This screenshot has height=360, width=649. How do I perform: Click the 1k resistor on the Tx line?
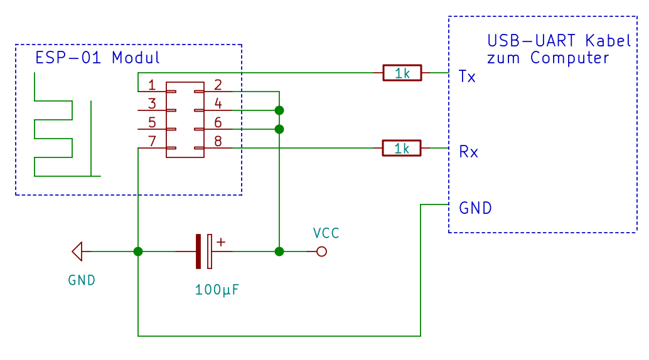(402, 73)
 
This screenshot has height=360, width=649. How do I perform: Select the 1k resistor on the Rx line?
(402, 148)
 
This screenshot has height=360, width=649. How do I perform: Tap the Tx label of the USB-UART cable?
(468, 77)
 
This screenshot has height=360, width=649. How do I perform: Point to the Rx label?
(468, 152)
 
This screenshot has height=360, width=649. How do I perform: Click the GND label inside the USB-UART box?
(476, 208)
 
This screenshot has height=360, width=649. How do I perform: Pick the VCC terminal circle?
(321, 251)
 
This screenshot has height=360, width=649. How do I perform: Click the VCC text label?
(326, 233)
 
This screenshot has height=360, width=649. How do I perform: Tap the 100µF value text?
(217, 290)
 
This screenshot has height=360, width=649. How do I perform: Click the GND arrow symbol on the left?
(77, 251)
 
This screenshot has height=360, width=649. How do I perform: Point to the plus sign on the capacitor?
(221, 241)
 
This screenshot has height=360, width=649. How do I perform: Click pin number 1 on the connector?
(152, 85)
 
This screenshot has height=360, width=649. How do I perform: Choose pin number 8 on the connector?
(218, 141)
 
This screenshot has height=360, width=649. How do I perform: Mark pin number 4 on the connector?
(218, 103)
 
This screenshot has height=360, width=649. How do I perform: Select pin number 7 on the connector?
(152, 141)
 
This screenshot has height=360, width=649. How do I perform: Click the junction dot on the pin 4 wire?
(279, 110)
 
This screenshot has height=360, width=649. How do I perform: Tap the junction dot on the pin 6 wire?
(279, 129)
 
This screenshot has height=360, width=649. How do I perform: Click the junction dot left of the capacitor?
(138, 251)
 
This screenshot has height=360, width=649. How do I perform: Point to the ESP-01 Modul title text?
(97, 58)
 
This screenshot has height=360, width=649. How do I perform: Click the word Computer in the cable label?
(569, 58)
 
